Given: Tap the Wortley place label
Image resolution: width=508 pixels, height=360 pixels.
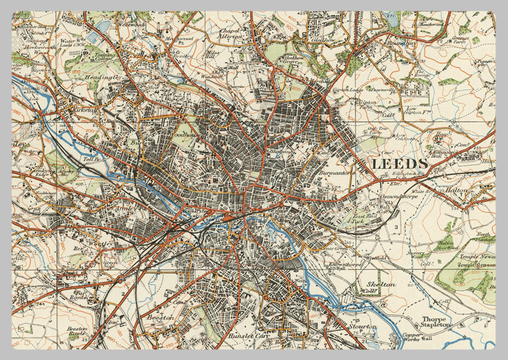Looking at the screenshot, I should click(x=99, y=243).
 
